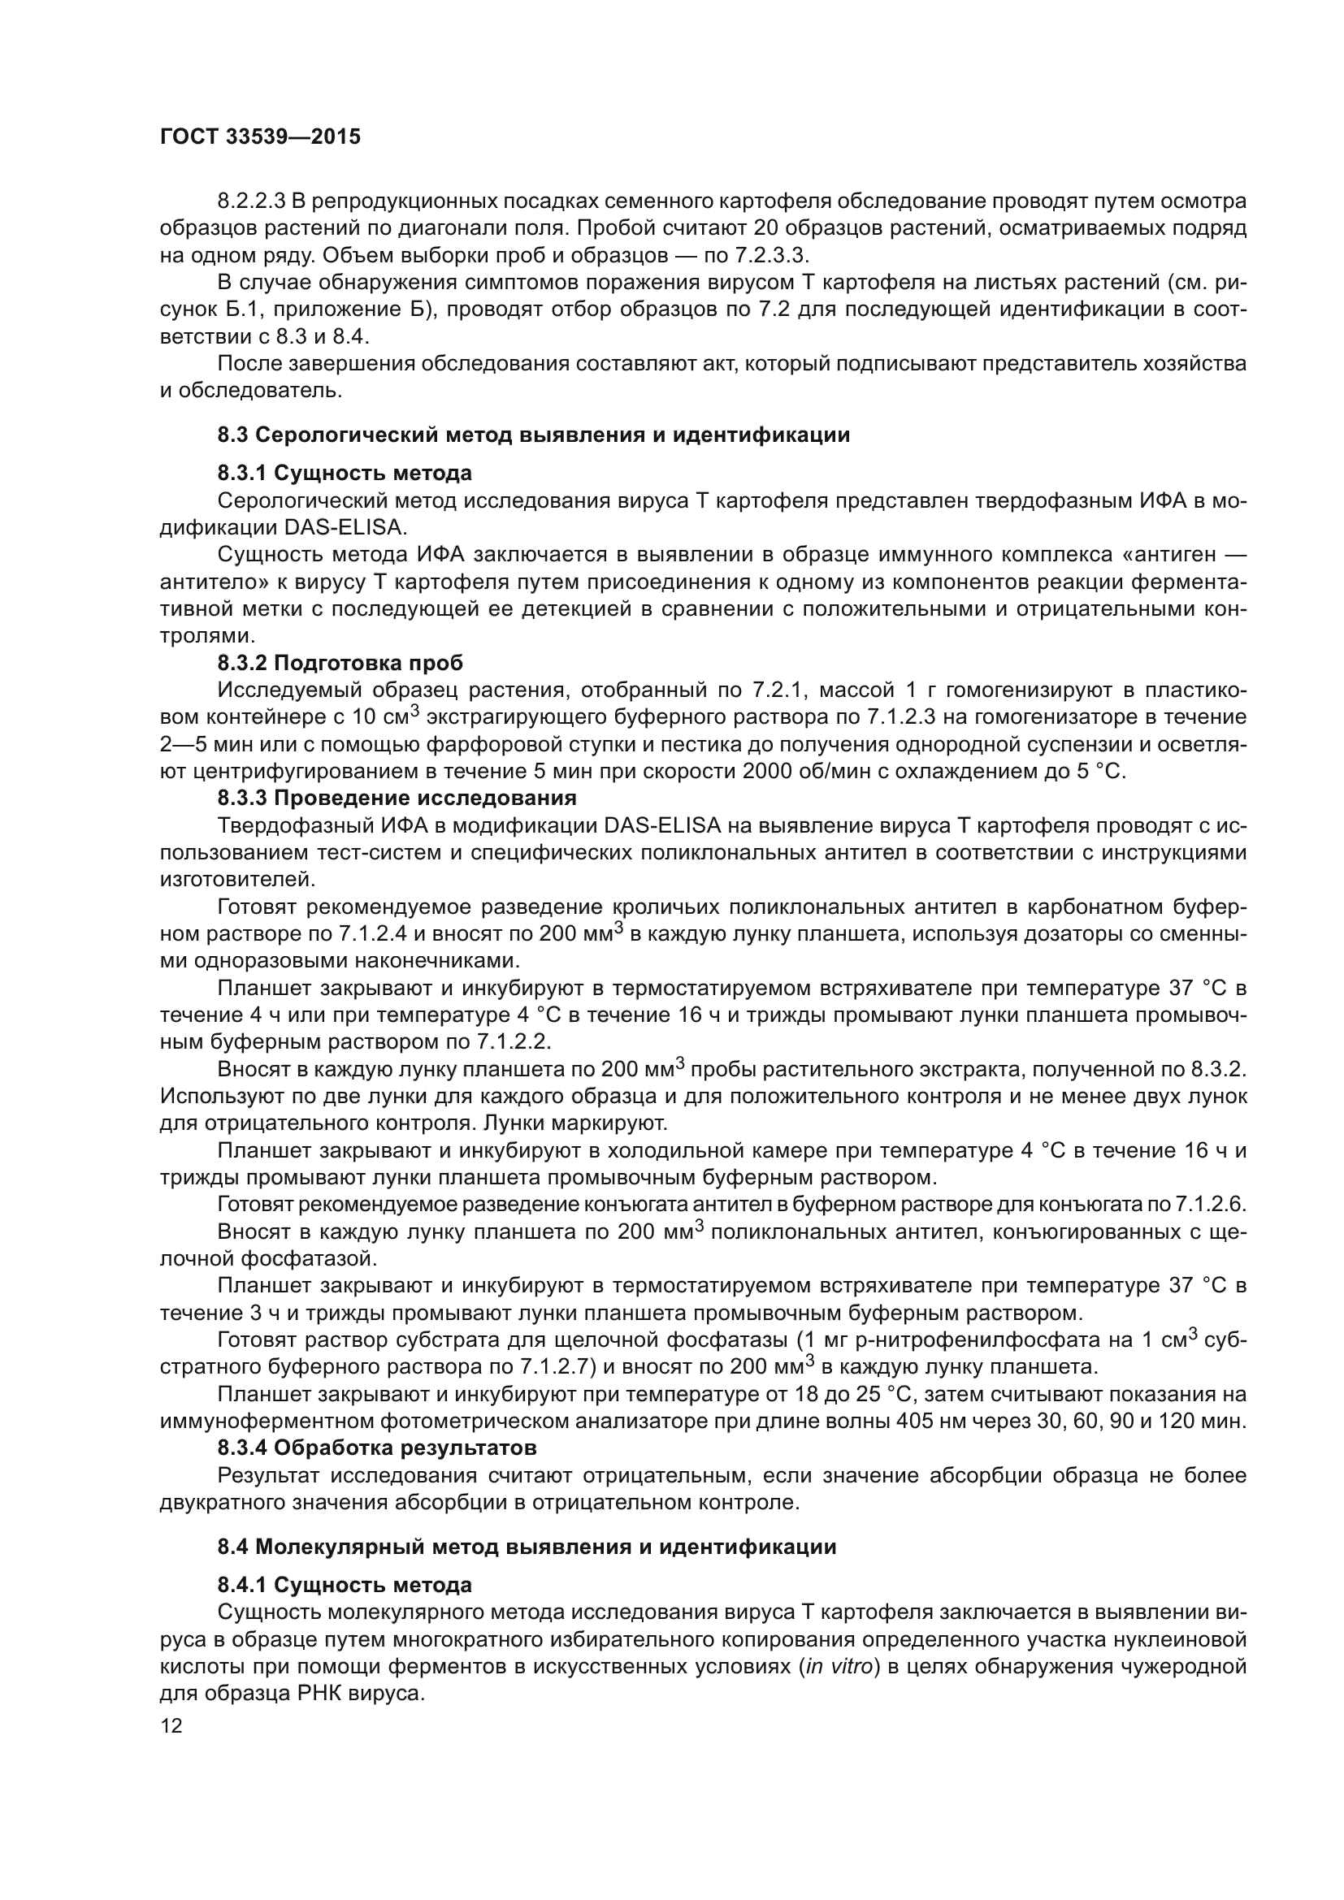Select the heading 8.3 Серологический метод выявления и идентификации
click(534, 435)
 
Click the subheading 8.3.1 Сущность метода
click(345, 474)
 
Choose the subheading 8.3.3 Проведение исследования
click(397, 798)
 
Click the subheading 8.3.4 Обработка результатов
click(376, 1448)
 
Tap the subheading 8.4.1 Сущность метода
click(345, 1585)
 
